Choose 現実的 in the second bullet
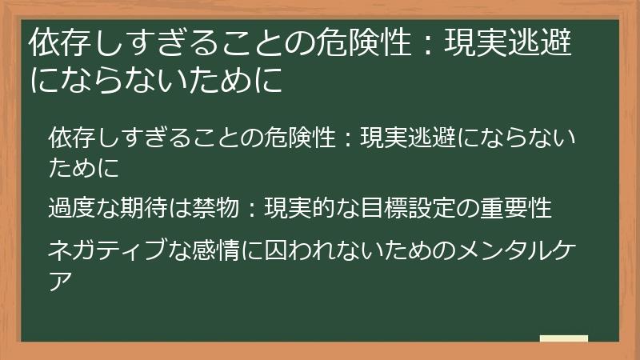(300, 209)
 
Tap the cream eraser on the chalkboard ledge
(563, 339)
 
